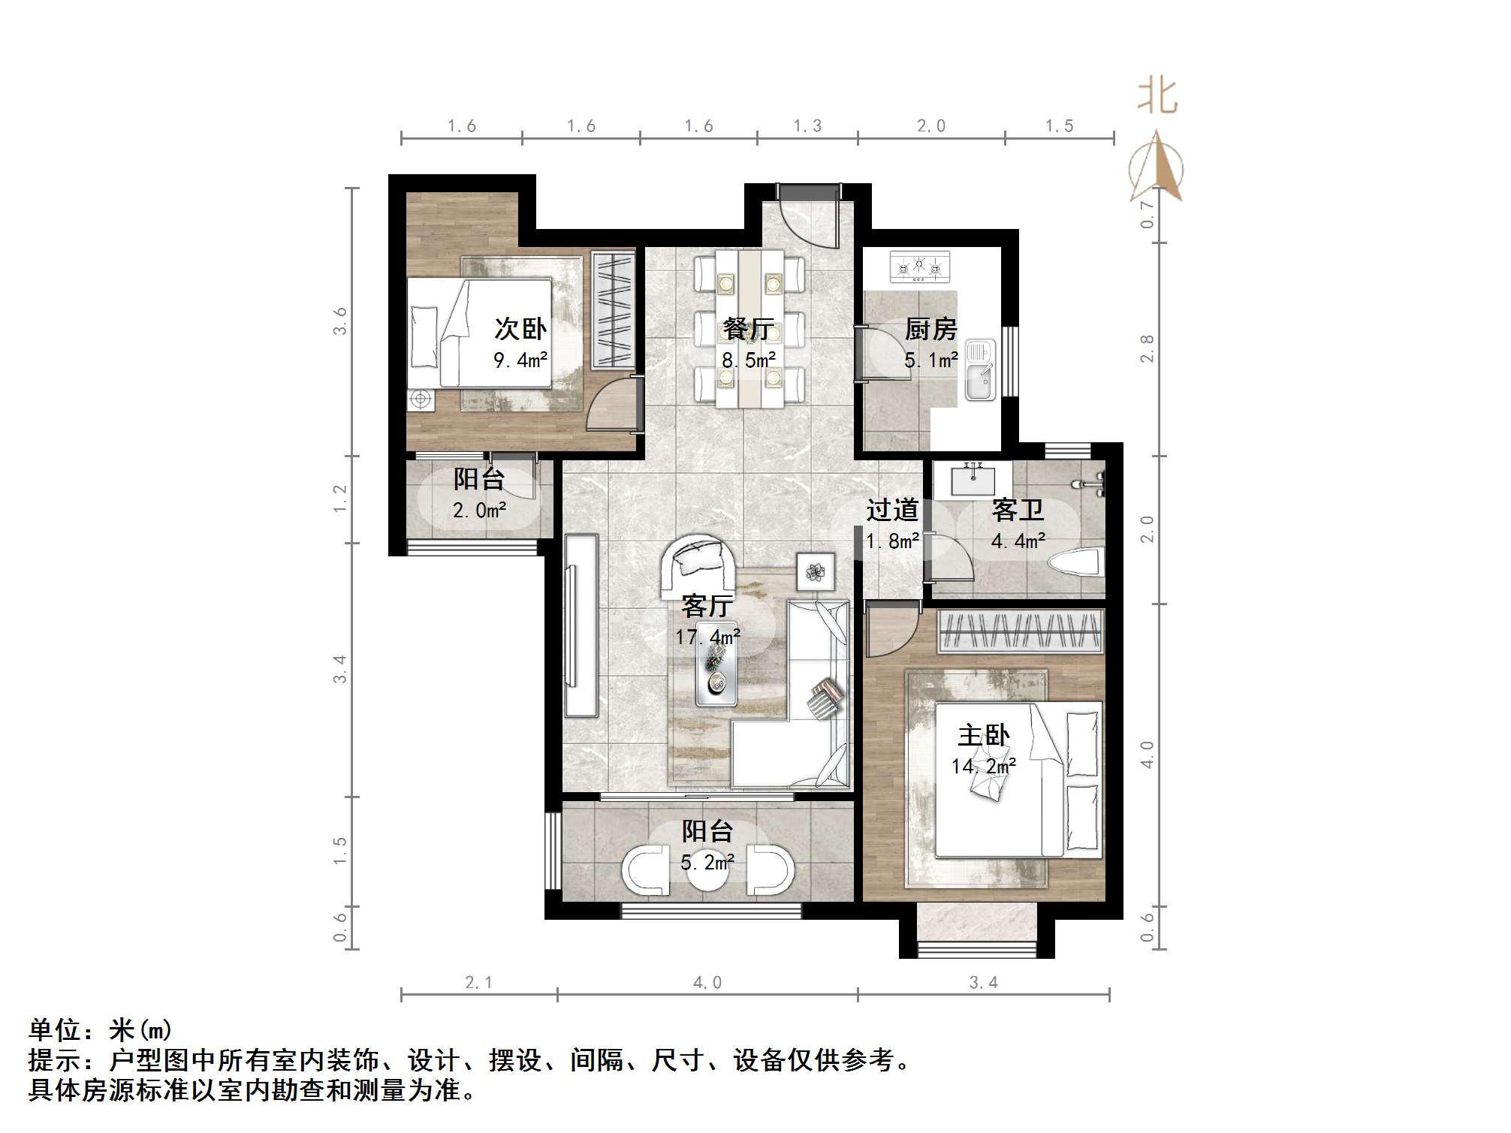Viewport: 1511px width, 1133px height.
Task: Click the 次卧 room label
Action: pyautogui.click(x=520, y=329)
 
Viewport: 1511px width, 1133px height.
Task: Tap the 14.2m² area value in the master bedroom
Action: pyautogui.click(x=983, y=767)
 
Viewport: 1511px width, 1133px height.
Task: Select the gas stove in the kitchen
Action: pyautogui.click(x=919, y=267)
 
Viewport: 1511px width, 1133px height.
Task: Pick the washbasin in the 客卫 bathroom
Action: pyautogui.click(x=973, y=480)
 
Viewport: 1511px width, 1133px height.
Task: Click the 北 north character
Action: pyautogui.click(x=1157, y=98)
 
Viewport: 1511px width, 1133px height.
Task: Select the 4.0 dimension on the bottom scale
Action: pyautogui.click(x=707, y=983)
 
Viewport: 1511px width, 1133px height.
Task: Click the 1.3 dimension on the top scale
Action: pyautogui.click(x=807, y=126)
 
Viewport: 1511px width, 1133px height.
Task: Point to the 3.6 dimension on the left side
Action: pyautogui.click(x=340, y=321)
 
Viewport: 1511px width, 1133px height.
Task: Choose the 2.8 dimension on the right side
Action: pyautogui.click(x=1147, y=348)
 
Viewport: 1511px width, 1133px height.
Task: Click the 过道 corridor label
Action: pyautogui.click(x=892, y=511)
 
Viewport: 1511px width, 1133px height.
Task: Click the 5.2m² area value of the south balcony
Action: pyautogui.click(x=707, y=863)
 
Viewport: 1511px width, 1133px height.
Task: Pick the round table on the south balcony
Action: pyautogui.click(x=707, y=871)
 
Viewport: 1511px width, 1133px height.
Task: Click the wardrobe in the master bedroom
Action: pyautogui.click(x=1019, y=631)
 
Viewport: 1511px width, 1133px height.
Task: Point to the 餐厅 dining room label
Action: pyautogui.click(x=748, y=329)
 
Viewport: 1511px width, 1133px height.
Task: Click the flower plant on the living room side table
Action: pyautogui.click(x=816, y=572)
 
